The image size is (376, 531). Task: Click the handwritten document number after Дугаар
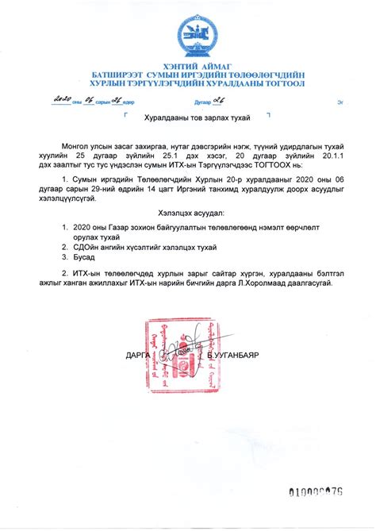(235, 101)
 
